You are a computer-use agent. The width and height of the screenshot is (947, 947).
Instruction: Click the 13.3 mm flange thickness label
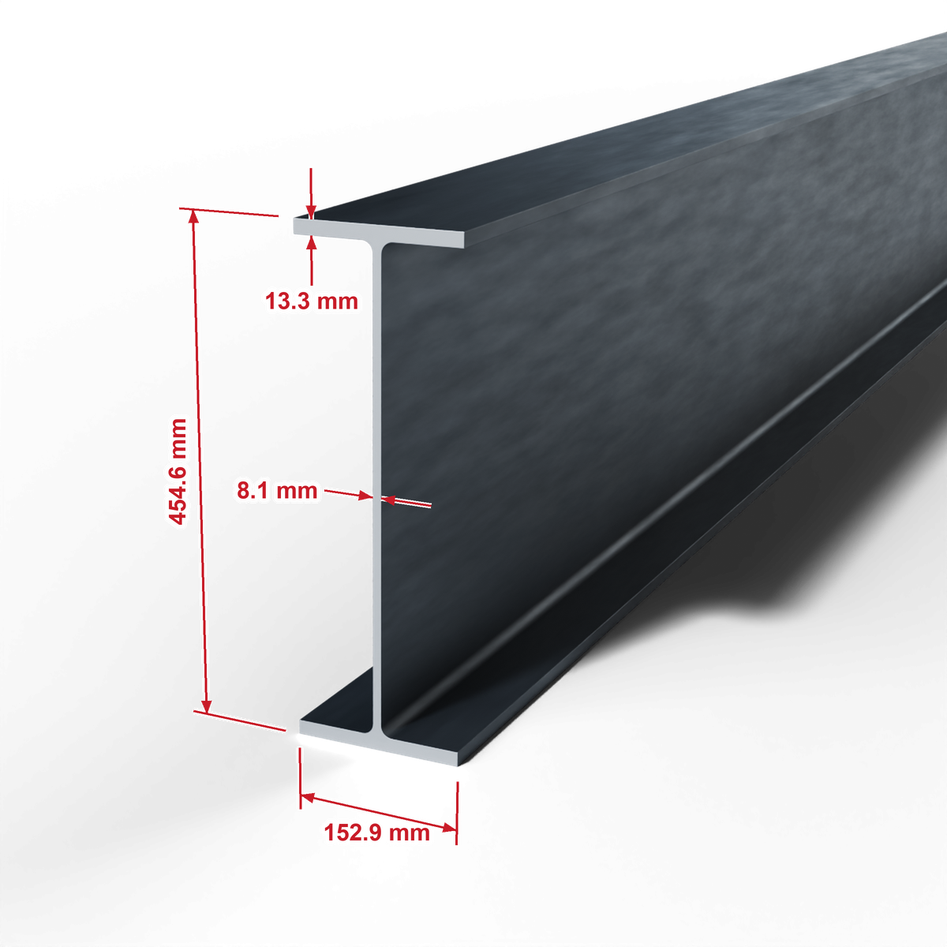point(312,301)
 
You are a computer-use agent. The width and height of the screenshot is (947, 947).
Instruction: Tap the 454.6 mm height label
point(178,472)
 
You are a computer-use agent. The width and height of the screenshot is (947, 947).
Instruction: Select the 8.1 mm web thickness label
point(277,490)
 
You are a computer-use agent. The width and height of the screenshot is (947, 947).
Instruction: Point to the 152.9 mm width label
point(377,833)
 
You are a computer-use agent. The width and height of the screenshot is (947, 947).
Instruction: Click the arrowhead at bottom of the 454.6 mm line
point(207,706)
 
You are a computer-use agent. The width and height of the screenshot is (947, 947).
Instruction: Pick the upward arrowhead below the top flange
point(311,242)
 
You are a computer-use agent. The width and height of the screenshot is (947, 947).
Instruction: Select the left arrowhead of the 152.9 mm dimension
point(308,798)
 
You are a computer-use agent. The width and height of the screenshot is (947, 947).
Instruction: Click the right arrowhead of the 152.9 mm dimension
point(449,828)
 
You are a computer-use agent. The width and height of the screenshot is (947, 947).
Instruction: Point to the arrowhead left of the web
point(365,496)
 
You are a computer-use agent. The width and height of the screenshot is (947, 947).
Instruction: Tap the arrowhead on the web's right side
point(389,500)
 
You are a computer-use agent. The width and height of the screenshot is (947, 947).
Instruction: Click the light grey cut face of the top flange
point(379,233)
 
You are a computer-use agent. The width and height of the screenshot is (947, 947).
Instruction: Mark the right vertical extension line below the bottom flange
point(457,813)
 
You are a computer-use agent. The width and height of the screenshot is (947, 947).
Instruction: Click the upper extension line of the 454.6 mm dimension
point(229,211)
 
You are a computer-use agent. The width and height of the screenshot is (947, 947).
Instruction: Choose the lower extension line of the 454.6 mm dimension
point(239,721)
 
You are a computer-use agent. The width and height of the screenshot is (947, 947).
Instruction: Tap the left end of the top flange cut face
point(294,225)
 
